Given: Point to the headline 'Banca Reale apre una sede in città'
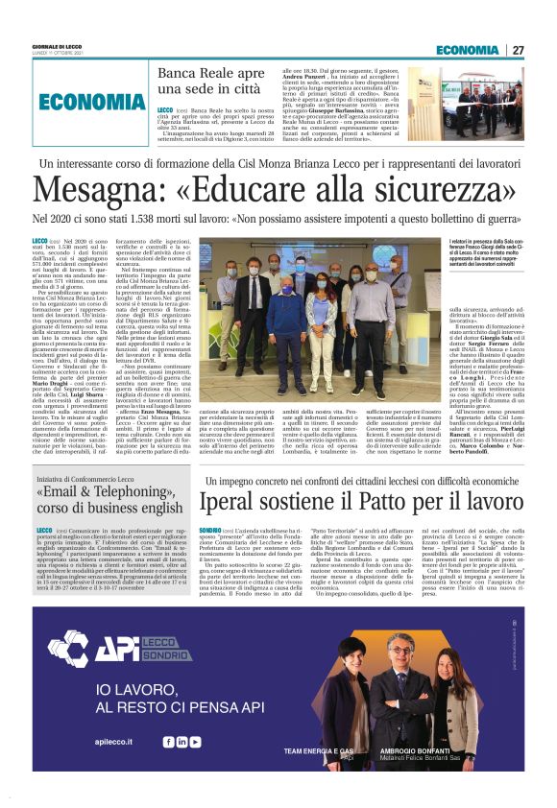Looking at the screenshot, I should (x=210, y=82).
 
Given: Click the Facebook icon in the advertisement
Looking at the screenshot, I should (x=168, y=742).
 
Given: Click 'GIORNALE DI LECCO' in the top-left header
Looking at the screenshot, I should (x=57, y=47).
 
